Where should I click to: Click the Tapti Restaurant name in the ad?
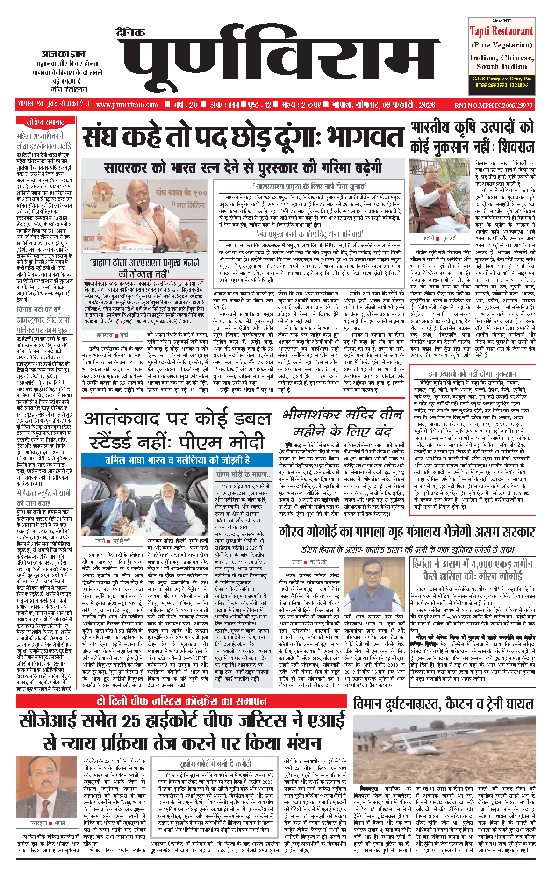[501, 31]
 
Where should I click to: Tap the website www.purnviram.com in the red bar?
[127, 105]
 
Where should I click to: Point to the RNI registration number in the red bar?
[493, 105]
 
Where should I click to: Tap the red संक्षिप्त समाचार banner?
[45, 122]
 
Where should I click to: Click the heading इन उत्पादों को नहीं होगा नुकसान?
[472, 374]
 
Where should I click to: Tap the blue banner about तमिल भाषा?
[177, 460]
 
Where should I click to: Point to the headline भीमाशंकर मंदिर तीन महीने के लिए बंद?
[343, 422]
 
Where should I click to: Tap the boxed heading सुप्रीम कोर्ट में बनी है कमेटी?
[215, 764]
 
